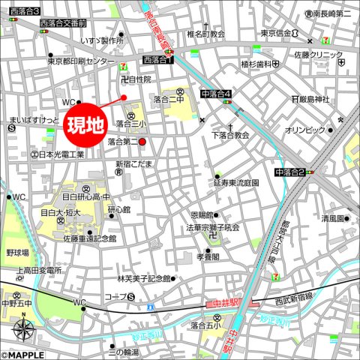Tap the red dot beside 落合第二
pos(142,141)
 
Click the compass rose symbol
pos(23,328)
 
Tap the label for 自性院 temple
pos(139,79)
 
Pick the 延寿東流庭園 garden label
pos(236,182)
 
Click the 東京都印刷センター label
pos(82,61)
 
